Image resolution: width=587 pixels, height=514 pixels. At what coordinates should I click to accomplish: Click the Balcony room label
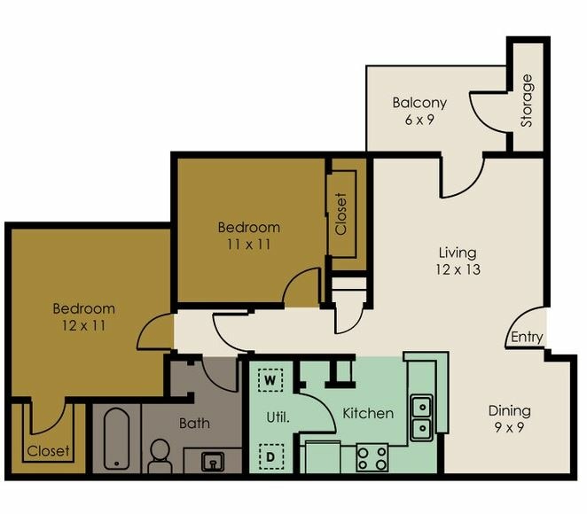tap(419, 103)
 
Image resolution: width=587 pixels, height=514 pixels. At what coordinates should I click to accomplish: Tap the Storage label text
tap(528, 100)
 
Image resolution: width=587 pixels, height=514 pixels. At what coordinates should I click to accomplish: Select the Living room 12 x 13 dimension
tap(458, 269)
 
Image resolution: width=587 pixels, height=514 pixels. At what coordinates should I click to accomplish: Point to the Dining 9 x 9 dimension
tap(509, 427)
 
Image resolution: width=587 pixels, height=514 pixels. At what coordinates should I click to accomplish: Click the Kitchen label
tap(368, 413)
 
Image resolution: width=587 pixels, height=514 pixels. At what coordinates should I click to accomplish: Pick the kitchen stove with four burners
tap(372, 458)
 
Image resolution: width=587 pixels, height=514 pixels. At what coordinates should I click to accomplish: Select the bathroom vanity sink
tap(213, 460)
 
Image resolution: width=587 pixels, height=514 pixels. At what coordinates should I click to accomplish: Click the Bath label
tap(194, 423)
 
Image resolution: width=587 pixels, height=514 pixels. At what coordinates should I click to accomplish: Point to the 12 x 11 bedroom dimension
tap(83, 325)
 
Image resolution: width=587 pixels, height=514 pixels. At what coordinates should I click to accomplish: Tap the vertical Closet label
tap(341, 214)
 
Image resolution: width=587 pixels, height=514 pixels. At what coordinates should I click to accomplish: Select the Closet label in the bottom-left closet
tap(48, 451)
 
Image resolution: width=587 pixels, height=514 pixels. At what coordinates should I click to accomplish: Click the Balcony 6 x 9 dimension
tap(419, 120)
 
